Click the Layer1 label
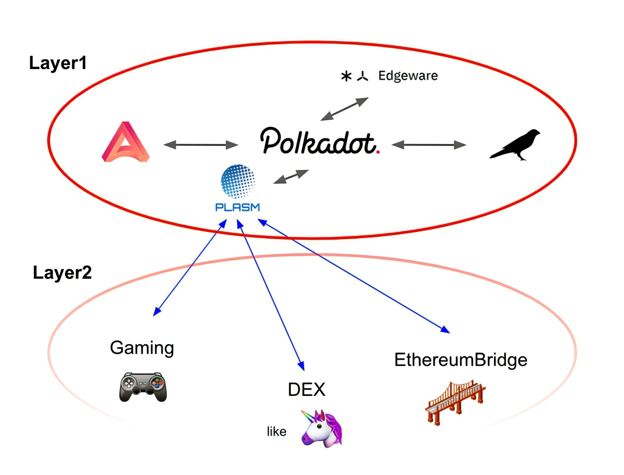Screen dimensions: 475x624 pyautogui.click(x=57, y=63)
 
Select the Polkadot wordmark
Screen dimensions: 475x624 pyautogui.click(x=318, y=141)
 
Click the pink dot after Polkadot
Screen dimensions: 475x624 pyautogui.click(x=378, y=152)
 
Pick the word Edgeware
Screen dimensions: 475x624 pyautogui.click(x=408, y=76)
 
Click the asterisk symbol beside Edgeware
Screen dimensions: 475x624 pyautogui.click(x=345, y=77)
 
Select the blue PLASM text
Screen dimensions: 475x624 pyautogui.click(x=238, y=207)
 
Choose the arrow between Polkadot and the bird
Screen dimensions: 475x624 pyautogui.click(x=429, y=144)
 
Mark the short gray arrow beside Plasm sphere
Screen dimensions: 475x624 pyautogui.click(x=291, y=177)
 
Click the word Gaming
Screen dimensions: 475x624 pyautogui.click(x=142, y=348)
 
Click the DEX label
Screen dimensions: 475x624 pyautogui.click(x=307, y=389)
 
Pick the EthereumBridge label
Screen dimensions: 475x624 pyautogui.click(x=461, y=360)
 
